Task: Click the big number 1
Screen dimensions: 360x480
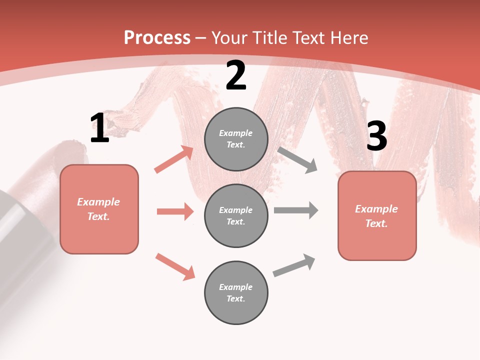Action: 99,128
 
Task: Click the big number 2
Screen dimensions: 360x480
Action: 236,76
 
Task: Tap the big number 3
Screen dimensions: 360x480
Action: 376,136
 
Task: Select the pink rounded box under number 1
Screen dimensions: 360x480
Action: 99,209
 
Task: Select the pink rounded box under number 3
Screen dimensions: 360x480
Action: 377,216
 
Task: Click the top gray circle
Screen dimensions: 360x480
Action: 236,139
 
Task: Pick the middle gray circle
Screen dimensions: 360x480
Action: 236,215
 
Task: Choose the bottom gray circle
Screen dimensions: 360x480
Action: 236,292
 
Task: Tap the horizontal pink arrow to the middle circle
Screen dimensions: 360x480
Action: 175,211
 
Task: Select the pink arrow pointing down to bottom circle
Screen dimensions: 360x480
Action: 175,266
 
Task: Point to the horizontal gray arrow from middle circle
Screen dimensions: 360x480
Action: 295,210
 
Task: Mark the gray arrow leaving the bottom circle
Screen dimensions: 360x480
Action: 294,265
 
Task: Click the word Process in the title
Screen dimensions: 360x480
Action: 157,37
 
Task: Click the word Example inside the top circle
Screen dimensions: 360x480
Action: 235,133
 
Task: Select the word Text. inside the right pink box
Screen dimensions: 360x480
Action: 376,223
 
